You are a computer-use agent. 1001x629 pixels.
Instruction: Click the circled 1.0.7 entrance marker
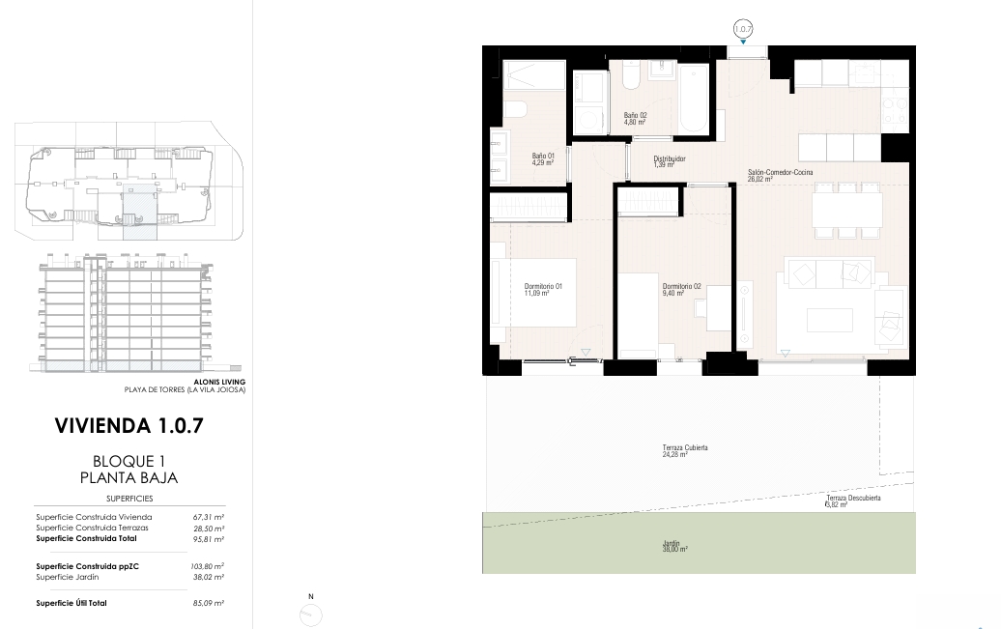743,29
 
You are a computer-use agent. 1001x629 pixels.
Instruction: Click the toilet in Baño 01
514,109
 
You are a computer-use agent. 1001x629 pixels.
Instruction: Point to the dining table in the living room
847,210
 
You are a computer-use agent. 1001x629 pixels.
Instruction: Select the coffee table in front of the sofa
830,320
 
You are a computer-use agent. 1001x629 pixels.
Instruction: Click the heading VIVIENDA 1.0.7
129,426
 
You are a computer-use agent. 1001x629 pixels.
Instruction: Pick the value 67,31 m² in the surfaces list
209,517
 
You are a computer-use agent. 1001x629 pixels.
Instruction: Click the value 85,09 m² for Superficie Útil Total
209,603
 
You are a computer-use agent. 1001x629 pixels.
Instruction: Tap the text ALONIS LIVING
219,382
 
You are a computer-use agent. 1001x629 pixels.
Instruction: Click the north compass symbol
311,615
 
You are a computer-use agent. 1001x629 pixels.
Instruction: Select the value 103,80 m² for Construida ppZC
208,566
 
